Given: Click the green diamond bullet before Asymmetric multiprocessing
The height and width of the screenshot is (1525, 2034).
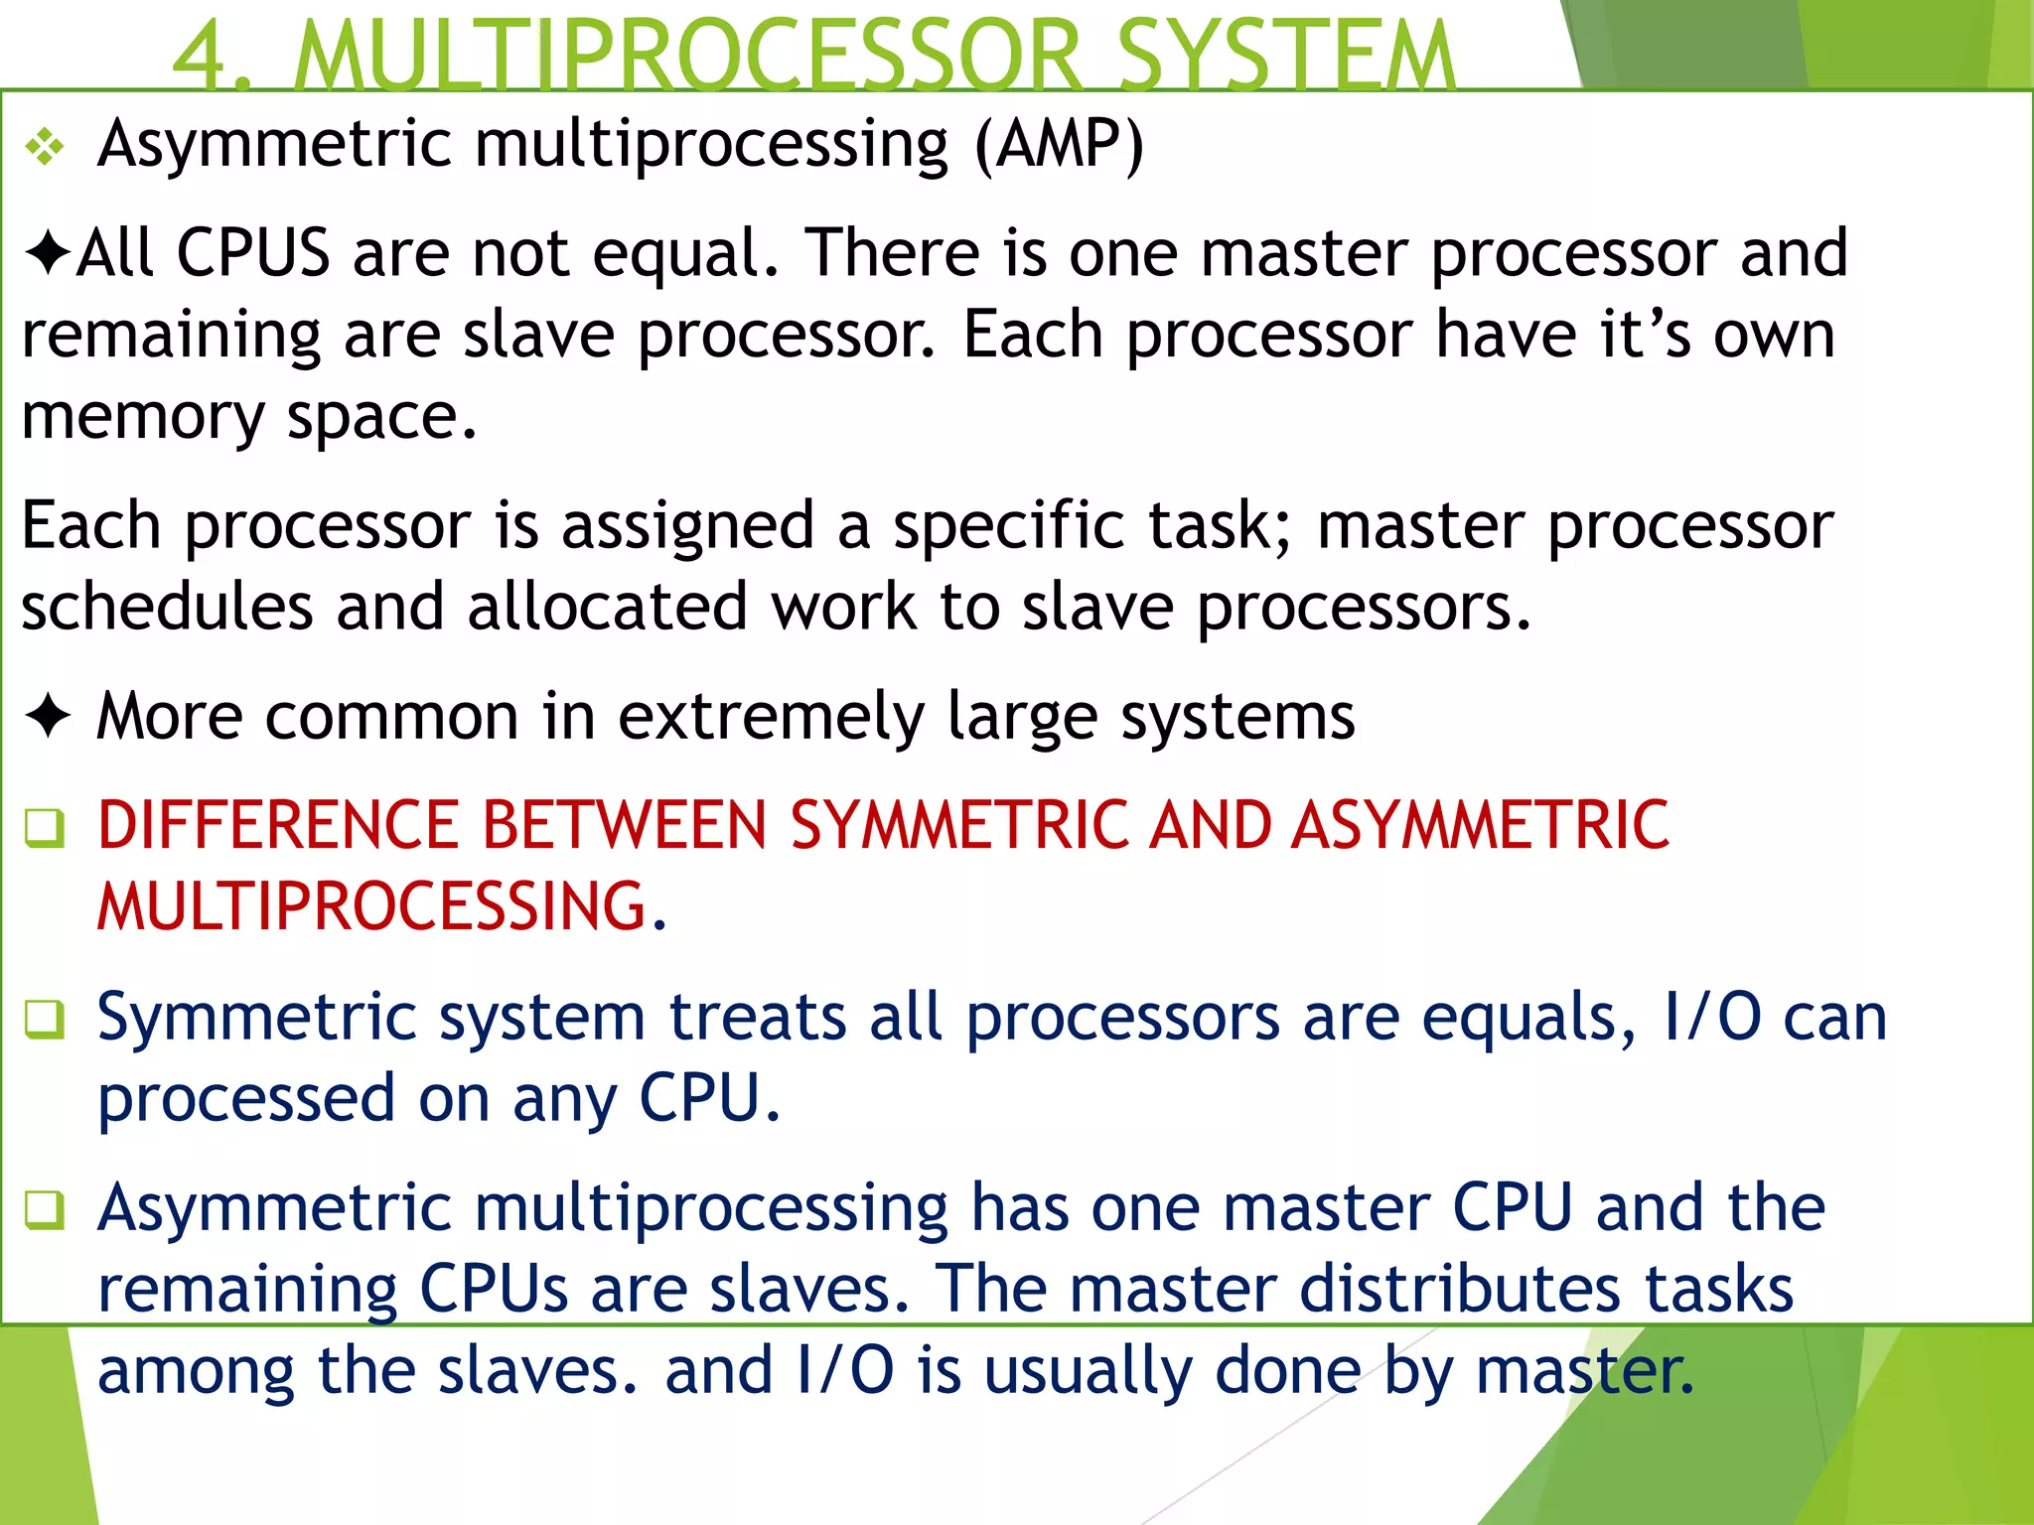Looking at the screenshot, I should click(46, 149).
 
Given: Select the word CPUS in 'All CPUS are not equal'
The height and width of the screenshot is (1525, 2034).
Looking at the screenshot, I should click(252, 253).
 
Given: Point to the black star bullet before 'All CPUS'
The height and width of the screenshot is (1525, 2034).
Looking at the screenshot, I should click(47, 253).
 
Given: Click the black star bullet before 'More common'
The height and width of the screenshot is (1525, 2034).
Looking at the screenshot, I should click(48, 716).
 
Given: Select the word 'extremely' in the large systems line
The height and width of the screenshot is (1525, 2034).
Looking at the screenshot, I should click(771, 717).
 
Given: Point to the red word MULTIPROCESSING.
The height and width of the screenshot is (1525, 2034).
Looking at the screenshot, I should click(372, 906).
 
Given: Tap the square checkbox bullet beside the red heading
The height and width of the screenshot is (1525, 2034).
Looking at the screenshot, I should click(46, 828).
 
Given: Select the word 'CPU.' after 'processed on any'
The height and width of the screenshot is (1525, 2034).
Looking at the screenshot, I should click(708, 1099).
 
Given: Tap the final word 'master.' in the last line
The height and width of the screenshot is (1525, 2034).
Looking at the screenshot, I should click(1584, 1370).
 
